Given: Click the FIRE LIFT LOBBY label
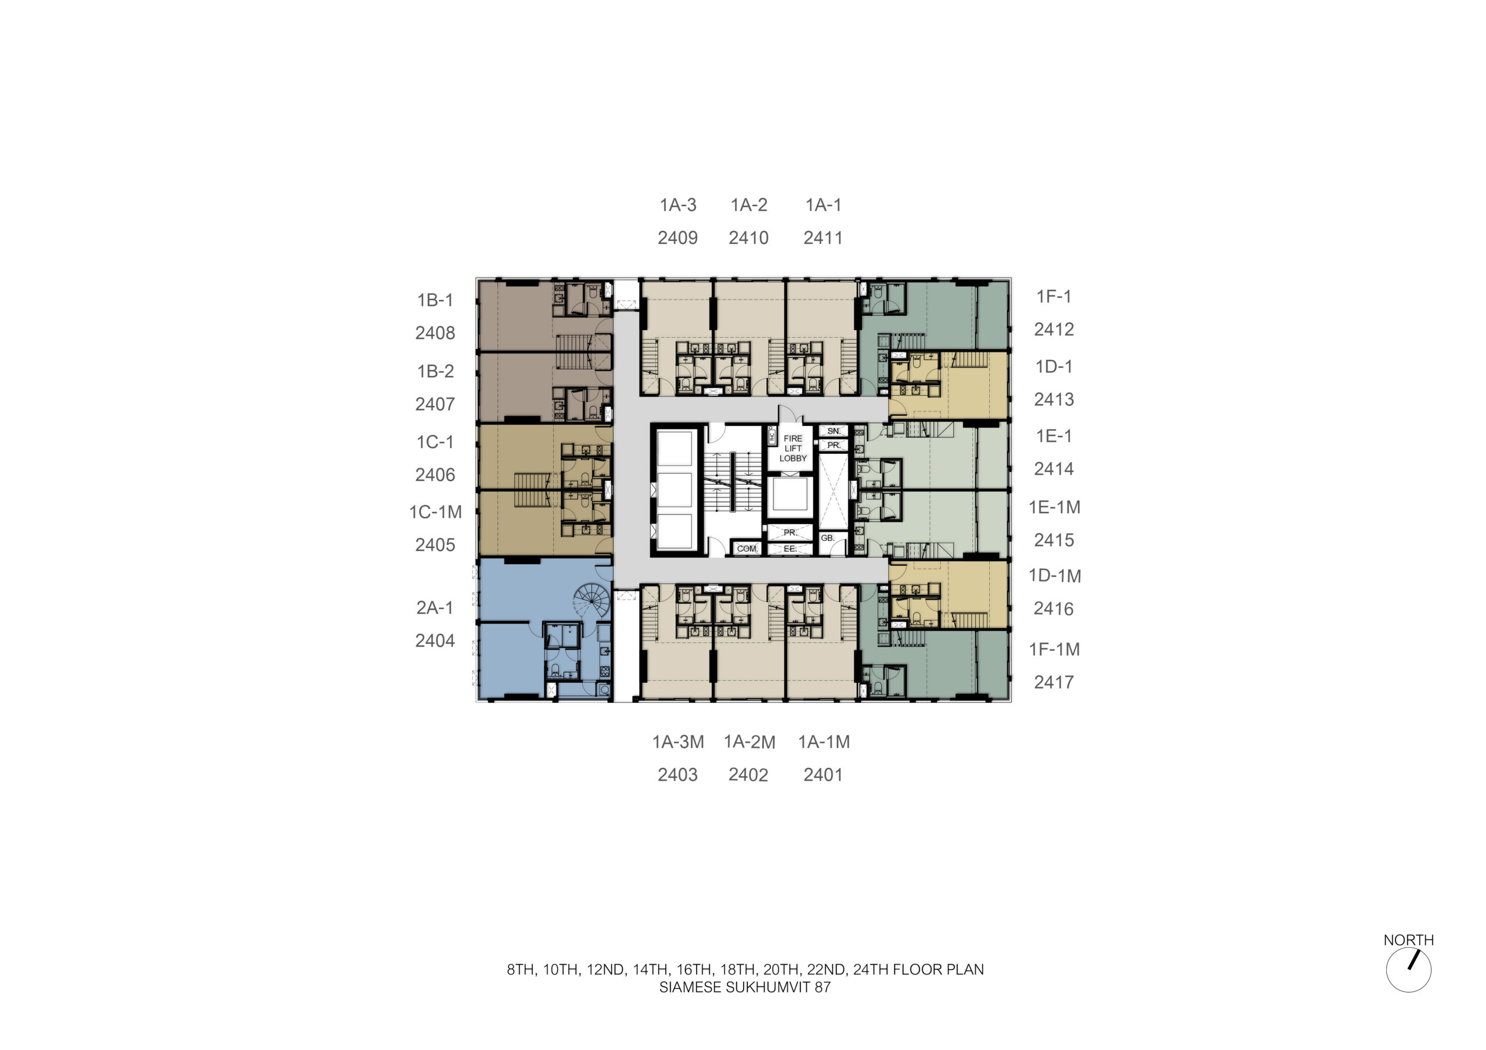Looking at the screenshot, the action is click(793, 448).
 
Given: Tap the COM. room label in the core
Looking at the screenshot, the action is click(747, 549).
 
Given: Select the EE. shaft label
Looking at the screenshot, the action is click(789, 549).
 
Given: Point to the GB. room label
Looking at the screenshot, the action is click(828, 538).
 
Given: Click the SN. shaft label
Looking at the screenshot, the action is click(834, 431).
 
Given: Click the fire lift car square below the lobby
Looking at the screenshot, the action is click(789, 496).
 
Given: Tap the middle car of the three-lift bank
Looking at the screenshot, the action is click(675, 489).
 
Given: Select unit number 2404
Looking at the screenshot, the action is click(435, 641).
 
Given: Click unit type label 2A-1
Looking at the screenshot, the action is click(435, 608).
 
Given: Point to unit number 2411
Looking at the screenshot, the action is click(823, 238).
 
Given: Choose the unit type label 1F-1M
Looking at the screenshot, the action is click(1054, 650).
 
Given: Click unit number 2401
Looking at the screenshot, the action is click(823, 775).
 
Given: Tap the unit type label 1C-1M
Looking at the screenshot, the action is click(435, 512).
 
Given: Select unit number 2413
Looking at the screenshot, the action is click(1054, 399).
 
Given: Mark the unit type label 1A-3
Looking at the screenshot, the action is click(677, 205).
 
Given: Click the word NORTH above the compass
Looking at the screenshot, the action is click(1408, 940).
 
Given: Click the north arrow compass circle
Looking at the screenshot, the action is click(1408, 993).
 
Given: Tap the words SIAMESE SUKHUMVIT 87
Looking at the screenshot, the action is click(745, 987).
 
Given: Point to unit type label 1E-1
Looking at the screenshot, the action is click(1054, 436).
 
